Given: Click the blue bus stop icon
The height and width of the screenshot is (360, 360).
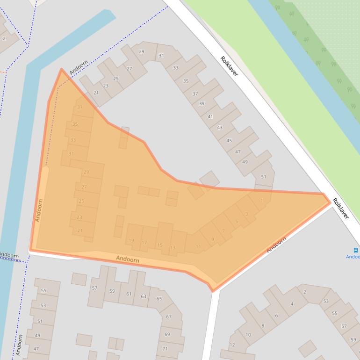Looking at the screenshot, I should (x=356, y=251).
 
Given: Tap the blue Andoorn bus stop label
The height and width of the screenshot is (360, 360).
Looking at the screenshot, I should (x=353, y=257).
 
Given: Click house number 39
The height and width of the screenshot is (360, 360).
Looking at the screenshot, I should (x=202, y=103).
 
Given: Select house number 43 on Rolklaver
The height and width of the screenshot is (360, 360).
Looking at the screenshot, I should (x=220, y=127).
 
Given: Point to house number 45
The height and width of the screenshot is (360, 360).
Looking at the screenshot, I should (x=229, y=140).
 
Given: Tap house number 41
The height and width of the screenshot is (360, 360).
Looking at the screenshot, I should (x=210, y=116).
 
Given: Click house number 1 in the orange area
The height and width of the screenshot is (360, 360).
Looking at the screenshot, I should (x=261, y=201).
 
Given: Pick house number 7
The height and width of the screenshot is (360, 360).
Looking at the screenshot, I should (x=223, y=231).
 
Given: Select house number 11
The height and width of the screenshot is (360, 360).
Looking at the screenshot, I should (x=198, y=246).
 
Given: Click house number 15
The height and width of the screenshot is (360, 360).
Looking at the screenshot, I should (x=160, y=245).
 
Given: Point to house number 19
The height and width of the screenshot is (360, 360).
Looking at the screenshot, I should (x=131, y=241).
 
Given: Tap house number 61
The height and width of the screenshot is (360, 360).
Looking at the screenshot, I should (x=129, y=294).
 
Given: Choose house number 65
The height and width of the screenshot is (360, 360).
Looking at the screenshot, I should (x=159, y=299).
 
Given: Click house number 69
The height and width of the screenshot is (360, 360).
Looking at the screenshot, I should (x=167, y=334).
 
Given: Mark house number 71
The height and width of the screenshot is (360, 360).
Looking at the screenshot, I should (x=165, y=349).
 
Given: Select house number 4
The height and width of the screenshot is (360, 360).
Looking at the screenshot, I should (x=292, y=304).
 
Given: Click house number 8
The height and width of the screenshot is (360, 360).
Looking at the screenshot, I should (x=263, y=326).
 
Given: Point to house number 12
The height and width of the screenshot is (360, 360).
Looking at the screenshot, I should (x=232, y=345).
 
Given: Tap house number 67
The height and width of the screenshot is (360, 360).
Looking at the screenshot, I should (x=168, y=317).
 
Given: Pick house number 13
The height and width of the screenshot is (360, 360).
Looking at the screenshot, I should (x=173, y=247).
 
